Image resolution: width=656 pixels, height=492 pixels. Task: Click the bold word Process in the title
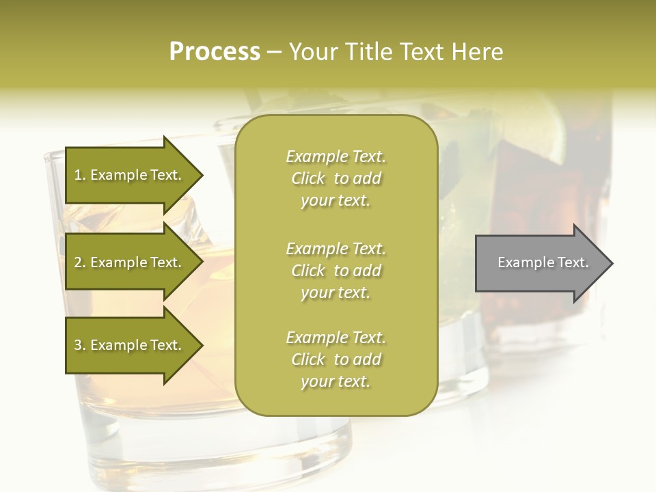pyautogui.click(x=215, y=52)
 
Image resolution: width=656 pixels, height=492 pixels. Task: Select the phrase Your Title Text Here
pyautogui.click(x=396, y=52)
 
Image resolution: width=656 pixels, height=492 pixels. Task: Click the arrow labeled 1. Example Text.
pyautogui.click(x=130, y=176)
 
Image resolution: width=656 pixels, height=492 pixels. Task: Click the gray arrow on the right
pyautogui.click(x=540, y=263)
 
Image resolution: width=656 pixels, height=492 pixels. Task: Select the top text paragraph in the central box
pyautogui.click(x=336, y=178)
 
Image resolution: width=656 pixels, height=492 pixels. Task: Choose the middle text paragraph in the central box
pyautogui.click(x=336, y=271)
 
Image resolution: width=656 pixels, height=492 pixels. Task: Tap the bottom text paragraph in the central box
pyautogui.click(x=336, y=359)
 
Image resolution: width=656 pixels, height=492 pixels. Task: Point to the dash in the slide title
pyautogui.click(x=274, y=53)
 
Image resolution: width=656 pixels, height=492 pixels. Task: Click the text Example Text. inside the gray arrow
pyautogui.click(x=543, y=262)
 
